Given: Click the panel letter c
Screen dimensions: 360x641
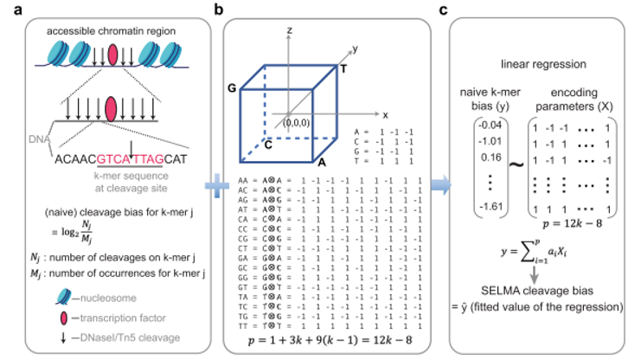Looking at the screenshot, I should click(444, 10).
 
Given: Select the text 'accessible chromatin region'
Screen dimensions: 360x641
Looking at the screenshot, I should click(112, 32).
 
